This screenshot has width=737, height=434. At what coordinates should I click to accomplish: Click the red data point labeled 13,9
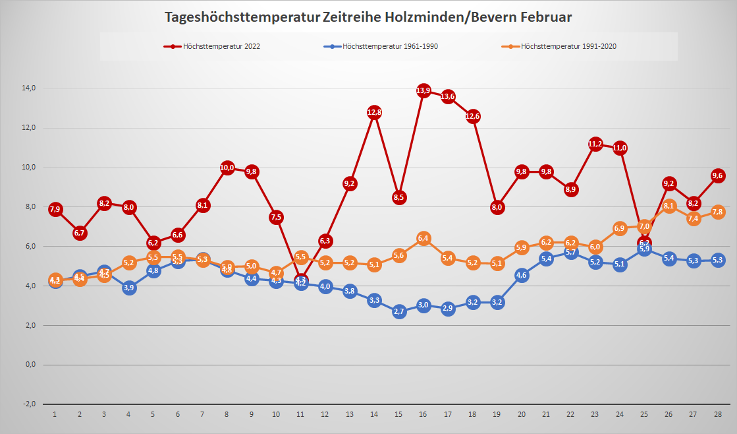pyautogui.click(x=423, y=90)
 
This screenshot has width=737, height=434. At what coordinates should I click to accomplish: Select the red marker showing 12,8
pyautogui.click(x=375, y=112)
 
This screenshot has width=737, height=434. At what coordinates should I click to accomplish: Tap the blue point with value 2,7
pyautogui.click(x=399, y=311)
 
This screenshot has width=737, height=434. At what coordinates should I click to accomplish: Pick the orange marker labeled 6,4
pyautogui.click(x=423, y=238)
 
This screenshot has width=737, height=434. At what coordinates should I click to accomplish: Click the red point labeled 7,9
pyautogui.click(x=55, y=209)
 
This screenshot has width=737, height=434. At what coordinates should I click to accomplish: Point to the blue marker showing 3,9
pyautogui.click(x=129, y=288)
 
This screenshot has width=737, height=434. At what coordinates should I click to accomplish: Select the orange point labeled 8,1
pyautogui.click(x=669, y=206)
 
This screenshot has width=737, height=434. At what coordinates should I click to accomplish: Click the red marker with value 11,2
pyautogui.click(x=595, y=144)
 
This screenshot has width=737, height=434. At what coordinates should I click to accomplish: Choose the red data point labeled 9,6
pyautogui.click(x=718, y=175)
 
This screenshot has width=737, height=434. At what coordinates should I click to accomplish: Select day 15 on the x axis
pyautogui.click(x=398, y=414)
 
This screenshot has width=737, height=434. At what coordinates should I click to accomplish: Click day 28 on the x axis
pyautogui.click(x=718, y=414)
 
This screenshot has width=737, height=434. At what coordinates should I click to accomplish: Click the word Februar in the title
pyautogui.click(x=547, y=17)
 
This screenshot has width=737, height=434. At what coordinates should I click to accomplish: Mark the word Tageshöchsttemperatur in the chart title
pyautogui.click(x=242, y=17)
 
